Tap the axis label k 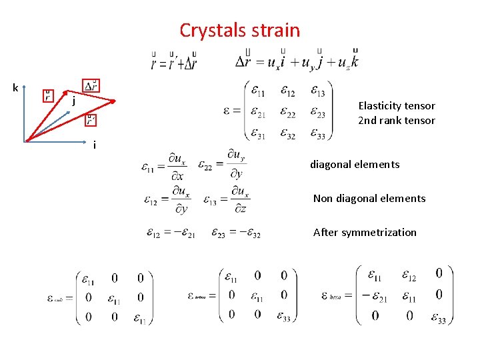15,87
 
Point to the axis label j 73,101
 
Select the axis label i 94,145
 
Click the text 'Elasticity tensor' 396,105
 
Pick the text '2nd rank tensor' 396,121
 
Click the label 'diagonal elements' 354,164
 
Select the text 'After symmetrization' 364,232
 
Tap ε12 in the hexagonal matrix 410,275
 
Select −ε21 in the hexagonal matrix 375,295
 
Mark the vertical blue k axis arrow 25,113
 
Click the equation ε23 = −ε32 236,233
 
